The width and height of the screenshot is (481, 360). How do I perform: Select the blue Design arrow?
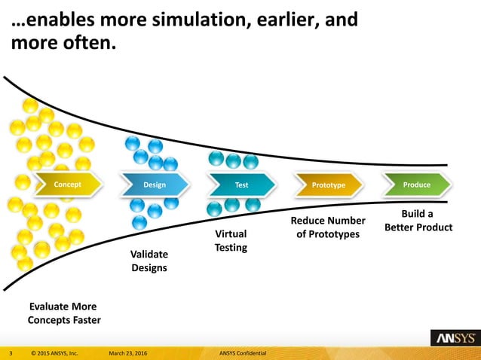[x=155, y=185]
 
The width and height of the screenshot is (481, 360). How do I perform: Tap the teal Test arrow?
[x=241, y=185]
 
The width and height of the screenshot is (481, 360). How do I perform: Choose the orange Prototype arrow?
[x=328, y=185]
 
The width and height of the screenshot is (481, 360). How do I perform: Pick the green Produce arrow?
[x=416, y=185]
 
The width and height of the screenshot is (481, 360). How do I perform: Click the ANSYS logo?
[x=452, y=338]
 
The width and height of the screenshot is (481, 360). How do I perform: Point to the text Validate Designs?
[x=149, y=261]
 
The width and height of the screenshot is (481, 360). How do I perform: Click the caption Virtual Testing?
[x=231, y=240]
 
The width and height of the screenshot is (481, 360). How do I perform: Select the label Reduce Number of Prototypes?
[x=328, y=227]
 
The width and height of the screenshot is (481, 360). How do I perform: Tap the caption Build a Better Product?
[x=418, y=220]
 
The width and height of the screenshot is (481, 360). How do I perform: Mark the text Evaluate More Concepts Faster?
[x=64, y=313]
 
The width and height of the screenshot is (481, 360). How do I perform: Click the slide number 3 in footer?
[x=11, y=352]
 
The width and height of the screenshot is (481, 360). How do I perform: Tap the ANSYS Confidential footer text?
[x=249, y=352]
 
